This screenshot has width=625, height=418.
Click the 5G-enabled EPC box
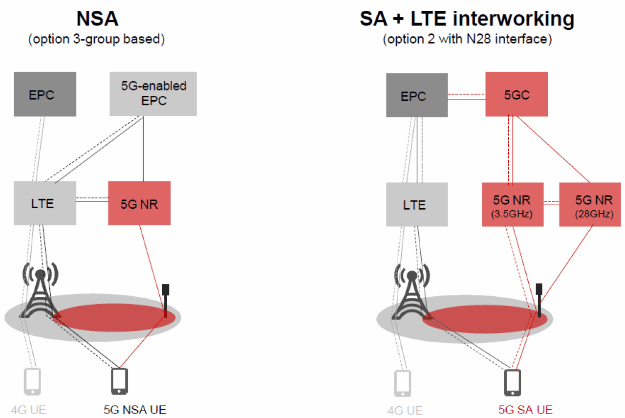[153, 94]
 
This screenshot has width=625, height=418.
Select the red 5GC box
[517, 94]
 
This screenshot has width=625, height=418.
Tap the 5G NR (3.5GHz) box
[513, 204]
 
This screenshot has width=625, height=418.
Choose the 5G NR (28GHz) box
[590, 204]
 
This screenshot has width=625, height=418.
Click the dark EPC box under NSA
[45, 94]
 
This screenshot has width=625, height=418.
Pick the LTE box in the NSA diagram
[45, 203]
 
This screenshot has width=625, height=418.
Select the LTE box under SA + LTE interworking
[417, 204]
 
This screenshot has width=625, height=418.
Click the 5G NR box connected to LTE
[139, 203]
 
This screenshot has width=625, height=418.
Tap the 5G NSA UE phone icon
[119, 381]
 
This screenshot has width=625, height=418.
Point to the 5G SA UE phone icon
[512, 382]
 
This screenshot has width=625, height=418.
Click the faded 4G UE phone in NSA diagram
[32, 381]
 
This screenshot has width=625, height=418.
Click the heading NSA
[97, 19]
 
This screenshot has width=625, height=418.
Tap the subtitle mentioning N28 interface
[467, 39]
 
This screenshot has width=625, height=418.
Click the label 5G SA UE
[525, 410]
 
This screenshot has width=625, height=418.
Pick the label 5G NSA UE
[135, 410]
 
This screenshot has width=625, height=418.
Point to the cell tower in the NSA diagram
[41, 290]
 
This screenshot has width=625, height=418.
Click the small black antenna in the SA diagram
[539, 300]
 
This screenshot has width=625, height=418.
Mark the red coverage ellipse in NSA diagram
[114, 318]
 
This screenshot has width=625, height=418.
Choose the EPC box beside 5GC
[417, 95]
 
